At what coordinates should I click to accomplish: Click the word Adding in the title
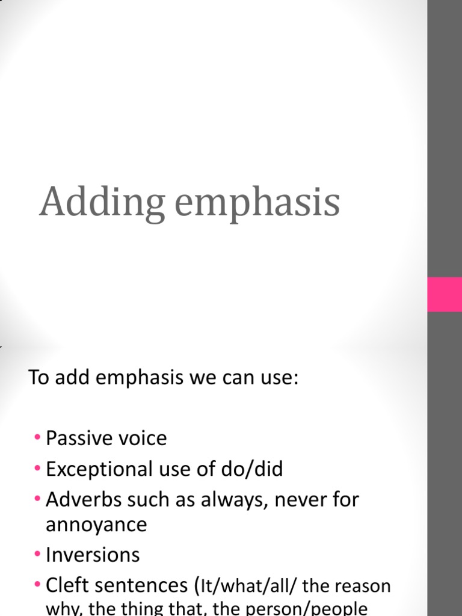coord(102,203)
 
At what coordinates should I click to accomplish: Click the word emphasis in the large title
coord(257,203)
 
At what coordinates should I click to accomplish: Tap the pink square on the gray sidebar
coord(445,294)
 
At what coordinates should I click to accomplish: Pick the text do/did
coord(253,469)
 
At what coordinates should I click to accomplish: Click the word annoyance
coord(96,525)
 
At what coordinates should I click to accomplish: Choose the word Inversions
coord(93,555)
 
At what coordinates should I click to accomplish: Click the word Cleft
coord(67,585)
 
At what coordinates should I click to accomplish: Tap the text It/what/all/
coord(250,586)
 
